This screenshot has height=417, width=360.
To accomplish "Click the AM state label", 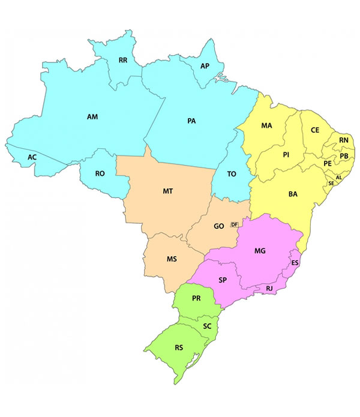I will point(92,116).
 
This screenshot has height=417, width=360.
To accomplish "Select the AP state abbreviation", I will point(205,66).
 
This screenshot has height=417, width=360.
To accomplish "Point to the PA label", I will point(191,121).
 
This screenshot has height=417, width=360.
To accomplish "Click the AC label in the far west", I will point(32,157).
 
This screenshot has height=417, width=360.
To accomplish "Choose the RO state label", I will point(100,173).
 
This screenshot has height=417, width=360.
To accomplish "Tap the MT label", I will point(168,191).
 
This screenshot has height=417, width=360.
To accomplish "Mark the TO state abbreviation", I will point(232,173).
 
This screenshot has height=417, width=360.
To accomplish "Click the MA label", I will point(266,126).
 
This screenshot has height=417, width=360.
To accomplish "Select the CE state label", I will point(315,130).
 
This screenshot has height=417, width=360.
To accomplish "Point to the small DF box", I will point(235,224).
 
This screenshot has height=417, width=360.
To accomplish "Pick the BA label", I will point(293,194).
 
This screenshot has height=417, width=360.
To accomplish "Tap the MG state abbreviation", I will point(260,250).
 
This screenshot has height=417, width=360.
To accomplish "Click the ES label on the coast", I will point(295,263).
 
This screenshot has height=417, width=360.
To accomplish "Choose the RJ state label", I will point(269,289).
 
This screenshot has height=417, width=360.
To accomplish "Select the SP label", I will point(223,280).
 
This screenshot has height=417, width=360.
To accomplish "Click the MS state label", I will point(171,260).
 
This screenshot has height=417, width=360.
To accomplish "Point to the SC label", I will point(207,326).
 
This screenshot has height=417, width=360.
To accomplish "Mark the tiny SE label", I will point(331,183).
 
